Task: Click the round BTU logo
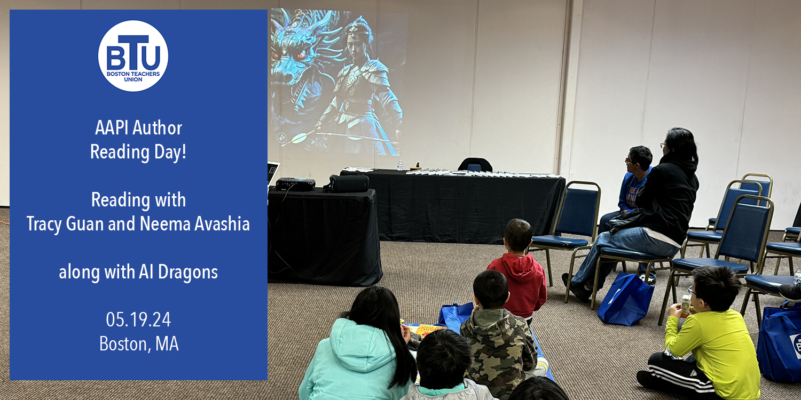(133, 55)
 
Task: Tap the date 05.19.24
(138, 319)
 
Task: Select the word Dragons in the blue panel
(188, 272)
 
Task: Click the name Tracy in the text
(44, 225)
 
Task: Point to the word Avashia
(222, 224)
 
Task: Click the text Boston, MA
(139, 344)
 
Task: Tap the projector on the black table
(295, 184)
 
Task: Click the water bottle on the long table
(400, 165)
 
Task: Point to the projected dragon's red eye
(301, 54)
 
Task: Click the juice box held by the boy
(685, 306)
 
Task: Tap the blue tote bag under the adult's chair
(626, 299)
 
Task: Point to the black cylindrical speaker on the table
(346, 183)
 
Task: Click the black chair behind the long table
(475, 164)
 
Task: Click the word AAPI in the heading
(112, 128)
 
